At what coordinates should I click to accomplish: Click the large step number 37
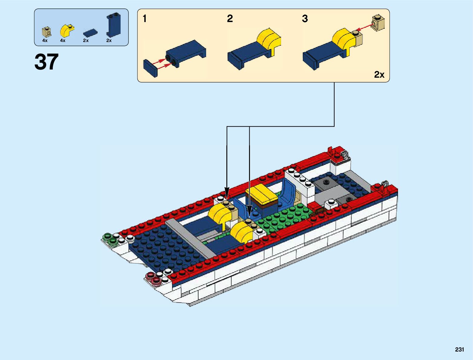coord(47,62)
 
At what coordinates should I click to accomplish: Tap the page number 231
coord(459,349)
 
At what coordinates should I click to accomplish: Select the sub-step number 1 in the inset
coord(145,19)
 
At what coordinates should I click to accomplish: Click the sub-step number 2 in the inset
coord(230,19)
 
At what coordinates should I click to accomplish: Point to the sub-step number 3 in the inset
coord(305,19)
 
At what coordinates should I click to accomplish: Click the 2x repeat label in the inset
coord(379,74)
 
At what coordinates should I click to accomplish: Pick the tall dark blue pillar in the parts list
coord(113,25)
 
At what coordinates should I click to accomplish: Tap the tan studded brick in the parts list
coord(47,31)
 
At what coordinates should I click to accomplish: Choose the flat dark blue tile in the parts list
coord(90,32)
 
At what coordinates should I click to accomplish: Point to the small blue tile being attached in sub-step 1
coord(151,68)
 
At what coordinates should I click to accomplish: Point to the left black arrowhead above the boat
coord(227,192)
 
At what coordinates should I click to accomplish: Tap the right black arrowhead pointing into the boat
coord(249,210)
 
